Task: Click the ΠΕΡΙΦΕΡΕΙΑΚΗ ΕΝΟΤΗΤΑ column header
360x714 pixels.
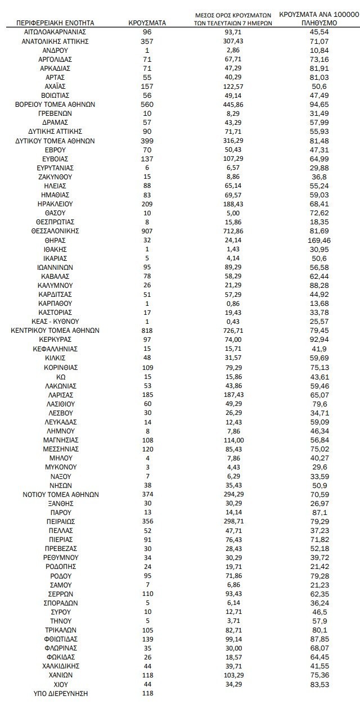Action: point(55,23)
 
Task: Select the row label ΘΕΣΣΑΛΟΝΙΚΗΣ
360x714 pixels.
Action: point(55,231)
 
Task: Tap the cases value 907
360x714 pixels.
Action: point(147,231)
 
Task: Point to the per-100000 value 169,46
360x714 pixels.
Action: point(318,240)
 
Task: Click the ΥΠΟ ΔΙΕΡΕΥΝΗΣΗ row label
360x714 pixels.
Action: point(55,693)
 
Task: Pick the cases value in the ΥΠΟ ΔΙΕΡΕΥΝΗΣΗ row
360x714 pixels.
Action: point(147,693)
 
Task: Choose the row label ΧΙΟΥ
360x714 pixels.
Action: point(55,684)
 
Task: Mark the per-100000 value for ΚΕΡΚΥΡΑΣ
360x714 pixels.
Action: point(318,340)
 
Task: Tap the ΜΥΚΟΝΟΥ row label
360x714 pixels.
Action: point(55,467)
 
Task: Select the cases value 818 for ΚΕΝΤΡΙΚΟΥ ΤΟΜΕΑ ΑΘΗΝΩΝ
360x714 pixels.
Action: point(147,331)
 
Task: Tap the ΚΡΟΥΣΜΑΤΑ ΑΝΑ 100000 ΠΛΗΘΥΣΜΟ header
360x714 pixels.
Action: point(318,19)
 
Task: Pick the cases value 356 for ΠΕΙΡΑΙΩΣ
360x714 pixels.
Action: point(147,521)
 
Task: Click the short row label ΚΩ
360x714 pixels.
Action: point(55,376)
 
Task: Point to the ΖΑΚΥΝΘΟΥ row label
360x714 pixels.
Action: point(55,177)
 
